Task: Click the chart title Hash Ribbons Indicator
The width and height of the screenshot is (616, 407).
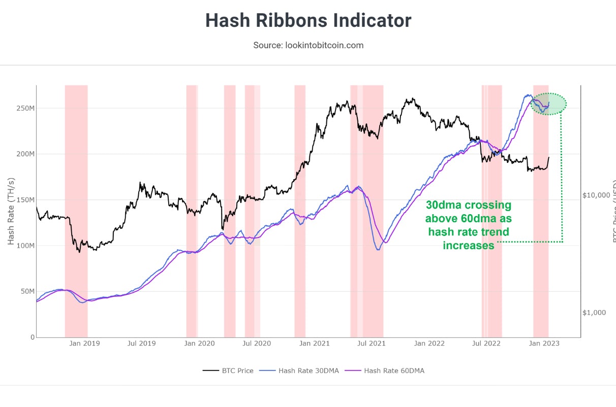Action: (x=308, y=21)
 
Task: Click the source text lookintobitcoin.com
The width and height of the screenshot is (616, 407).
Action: (x=308, y=45)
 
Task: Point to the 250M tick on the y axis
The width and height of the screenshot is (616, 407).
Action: (x=24, y=108)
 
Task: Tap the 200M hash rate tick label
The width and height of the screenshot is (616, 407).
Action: (x=24, y=154)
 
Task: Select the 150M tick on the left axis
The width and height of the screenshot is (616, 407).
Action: (x=24, y=199)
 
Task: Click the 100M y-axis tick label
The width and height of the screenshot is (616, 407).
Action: (x=24, y=246)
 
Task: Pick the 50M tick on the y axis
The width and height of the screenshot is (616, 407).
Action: (x=26, y=291)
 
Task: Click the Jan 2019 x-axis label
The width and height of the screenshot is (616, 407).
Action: (x=85, y=344)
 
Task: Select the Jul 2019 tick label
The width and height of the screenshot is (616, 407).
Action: (x=141, y=344)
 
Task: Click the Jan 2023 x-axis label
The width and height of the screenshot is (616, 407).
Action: (x=544, y=344)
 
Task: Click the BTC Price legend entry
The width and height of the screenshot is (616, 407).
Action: (x=228, y=371)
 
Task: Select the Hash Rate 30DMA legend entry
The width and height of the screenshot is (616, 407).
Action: (x=305, y=371)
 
